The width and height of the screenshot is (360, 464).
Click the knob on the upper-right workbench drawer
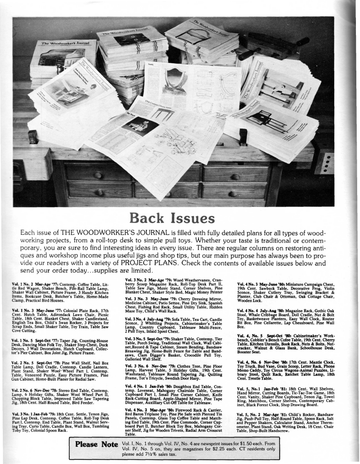[x=235, y=177]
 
